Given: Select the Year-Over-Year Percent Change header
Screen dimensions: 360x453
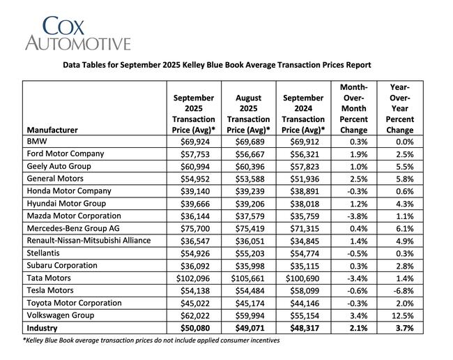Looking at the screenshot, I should tap(399, 109).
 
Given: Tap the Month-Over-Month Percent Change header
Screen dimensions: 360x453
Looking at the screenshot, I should tap(353, 109).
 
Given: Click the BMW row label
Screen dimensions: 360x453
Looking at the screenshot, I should tap(36, 141).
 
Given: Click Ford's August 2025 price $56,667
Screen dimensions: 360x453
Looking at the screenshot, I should tap(248, 153).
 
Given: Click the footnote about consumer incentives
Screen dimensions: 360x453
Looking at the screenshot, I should tap(151, 340).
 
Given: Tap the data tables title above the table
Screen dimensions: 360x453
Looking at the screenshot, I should tap(217, 65).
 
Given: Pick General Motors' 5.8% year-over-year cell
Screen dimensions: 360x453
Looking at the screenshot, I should tap(402, 179).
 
